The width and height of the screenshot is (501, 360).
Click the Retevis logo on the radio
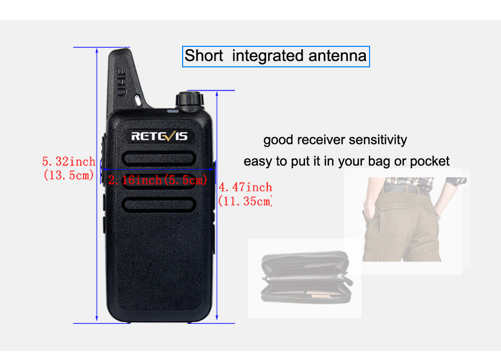(159, 136)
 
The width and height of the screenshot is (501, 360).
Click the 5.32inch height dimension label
(68, 161)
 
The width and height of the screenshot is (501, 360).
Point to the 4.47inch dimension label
(245, 188)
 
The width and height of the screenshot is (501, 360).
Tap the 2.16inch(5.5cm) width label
(158, 180)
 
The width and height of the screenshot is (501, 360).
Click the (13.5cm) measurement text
(68, 175)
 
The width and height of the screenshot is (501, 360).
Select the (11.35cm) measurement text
(245, 202)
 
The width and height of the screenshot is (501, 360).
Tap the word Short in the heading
(204, 56)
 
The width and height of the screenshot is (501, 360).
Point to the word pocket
(429, 161)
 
